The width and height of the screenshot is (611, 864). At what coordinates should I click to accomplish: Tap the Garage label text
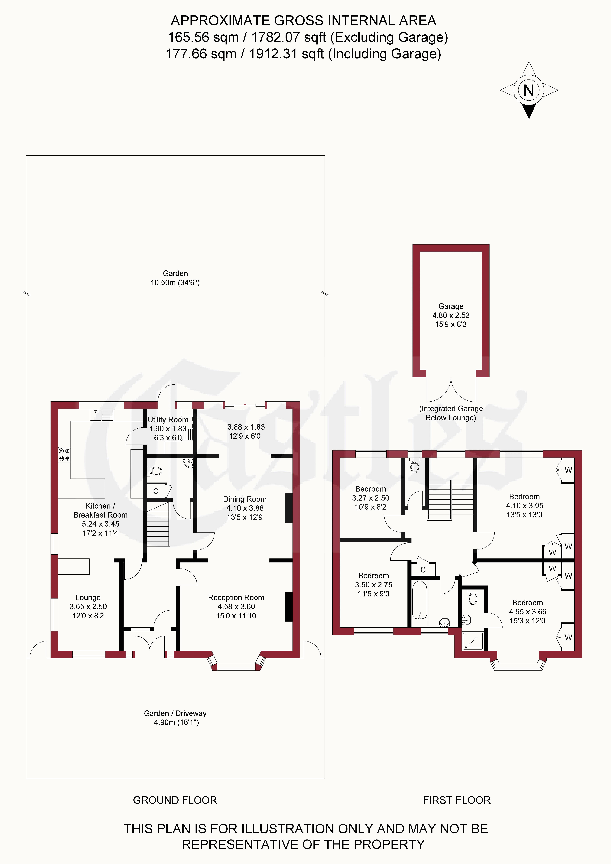(451, 306)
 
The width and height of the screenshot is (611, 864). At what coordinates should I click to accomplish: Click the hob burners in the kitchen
(64, 454)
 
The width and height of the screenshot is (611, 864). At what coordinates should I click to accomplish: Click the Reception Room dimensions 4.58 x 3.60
(236, 607)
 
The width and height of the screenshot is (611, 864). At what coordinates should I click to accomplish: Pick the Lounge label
(88, 598)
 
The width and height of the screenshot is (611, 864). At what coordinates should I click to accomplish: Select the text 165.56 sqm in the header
(203, 37)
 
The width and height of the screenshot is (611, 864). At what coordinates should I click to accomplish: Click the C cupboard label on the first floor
(423, 570)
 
